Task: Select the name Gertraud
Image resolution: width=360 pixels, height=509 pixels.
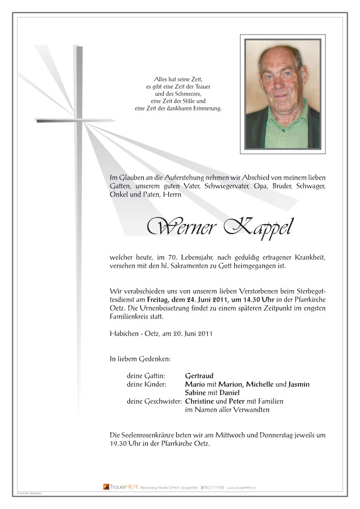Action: point(201,376)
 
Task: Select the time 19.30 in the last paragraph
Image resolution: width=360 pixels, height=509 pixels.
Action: point(119,443)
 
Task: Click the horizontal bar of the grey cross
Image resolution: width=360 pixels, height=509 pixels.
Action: point(59,121)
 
